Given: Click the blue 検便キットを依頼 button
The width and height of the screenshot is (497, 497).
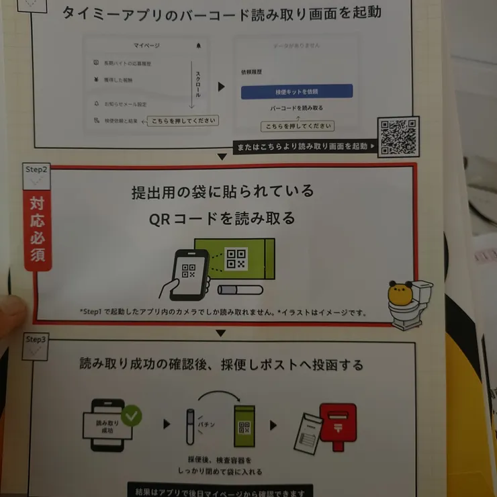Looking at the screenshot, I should pos(296,91).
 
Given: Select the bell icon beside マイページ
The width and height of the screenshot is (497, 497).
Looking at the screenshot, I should pos(198,46).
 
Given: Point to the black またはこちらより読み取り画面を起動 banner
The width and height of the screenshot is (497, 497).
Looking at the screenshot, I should pos(304,146).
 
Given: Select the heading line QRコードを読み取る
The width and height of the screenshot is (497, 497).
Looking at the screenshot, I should pos(222,219).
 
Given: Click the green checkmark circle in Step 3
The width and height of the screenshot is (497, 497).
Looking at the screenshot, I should pos(132,415).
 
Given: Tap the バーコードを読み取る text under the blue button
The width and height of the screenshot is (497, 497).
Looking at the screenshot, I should pos(296,108).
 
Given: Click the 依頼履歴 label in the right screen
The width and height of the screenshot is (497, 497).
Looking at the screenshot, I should pos(251,71).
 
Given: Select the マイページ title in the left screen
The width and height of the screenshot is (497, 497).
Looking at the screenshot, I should pos(146,46).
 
